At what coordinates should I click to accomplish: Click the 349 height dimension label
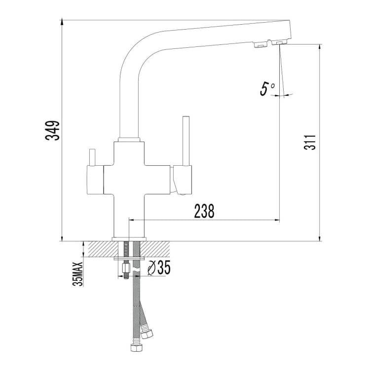(52, 131)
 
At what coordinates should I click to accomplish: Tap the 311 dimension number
(310, 142)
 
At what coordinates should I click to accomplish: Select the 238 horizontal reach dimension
(204, 211)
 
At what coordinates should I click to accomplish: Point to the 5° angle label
(267, 89)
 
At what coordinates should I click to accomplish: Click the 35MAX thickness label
(78, 274)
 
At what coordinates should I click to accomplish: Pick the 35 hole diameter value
(163, 267)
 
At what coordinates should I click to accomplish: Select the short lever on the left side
(92, 157)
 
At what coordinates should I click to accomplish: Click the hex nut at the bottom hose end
(136, 348)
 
